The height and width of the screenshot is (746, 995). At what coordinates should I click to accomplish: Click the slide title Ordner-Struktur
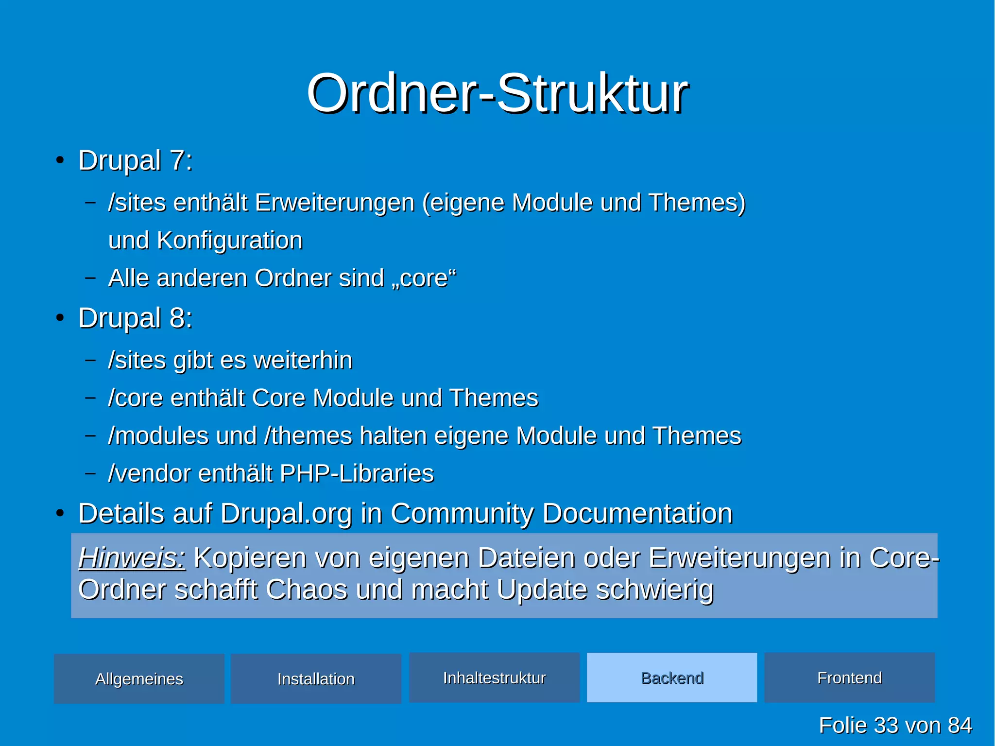pyautogui.click(x=497, y=93)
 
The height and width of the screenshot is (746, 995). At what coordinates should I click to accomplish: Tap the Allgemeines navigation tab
pyautogui.click(x=139, y=679)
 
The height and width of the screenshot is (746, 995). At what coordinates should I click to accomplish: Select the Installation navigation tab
pyautogui.click(x=316, y=679)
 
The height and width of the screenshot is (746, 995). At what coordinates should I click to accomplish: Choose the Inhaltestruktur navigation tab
pyautogui.click(x=494, y=678)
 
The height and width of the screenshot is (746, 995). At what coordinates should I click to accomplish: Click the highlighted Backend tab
pyautogui.click(x=672, y=678)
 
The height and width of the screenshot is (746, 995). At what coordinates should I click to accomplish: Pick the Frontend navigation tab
pyautogui.click(x=849, y=678)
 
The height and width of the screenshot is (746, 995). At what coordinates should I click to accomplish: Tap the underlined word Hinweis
pyautogui.click(x=131, y=558)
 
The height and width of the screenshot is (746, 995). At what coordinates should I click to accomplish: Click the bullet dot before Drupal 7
pyautogui.click(x=60, y=161)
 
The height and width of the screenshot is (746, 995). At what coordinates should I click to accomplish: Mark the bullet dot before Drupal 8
pyautogui.click(x=60, y=318)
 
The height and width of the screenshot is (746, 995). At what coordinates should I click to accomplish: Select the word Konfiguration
pyautogui.click(x=229, y=241)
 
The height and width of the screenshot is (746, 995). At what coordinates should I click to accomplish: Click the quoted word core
pyautogui.click(x=424, y=278)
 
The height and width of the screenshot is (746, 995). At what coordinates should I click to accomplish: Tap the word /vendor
pyautogui.click(x=149, y=473)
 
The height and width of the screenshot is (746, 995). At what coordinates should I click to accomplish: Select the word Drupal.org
pyautogui.click(x=286, y=514)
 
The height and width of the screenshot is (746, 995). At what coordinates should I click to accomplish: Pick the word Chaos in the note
pyautogui.click(x=306, y=590)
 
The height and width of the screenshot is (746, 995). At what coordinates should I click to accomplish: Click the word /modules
pyautogui.click(x=158, y=436)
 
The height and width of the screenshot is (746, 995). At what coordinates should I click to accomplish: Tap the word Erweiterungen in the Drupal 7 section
pyautogui.click(x=335, y=203)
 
